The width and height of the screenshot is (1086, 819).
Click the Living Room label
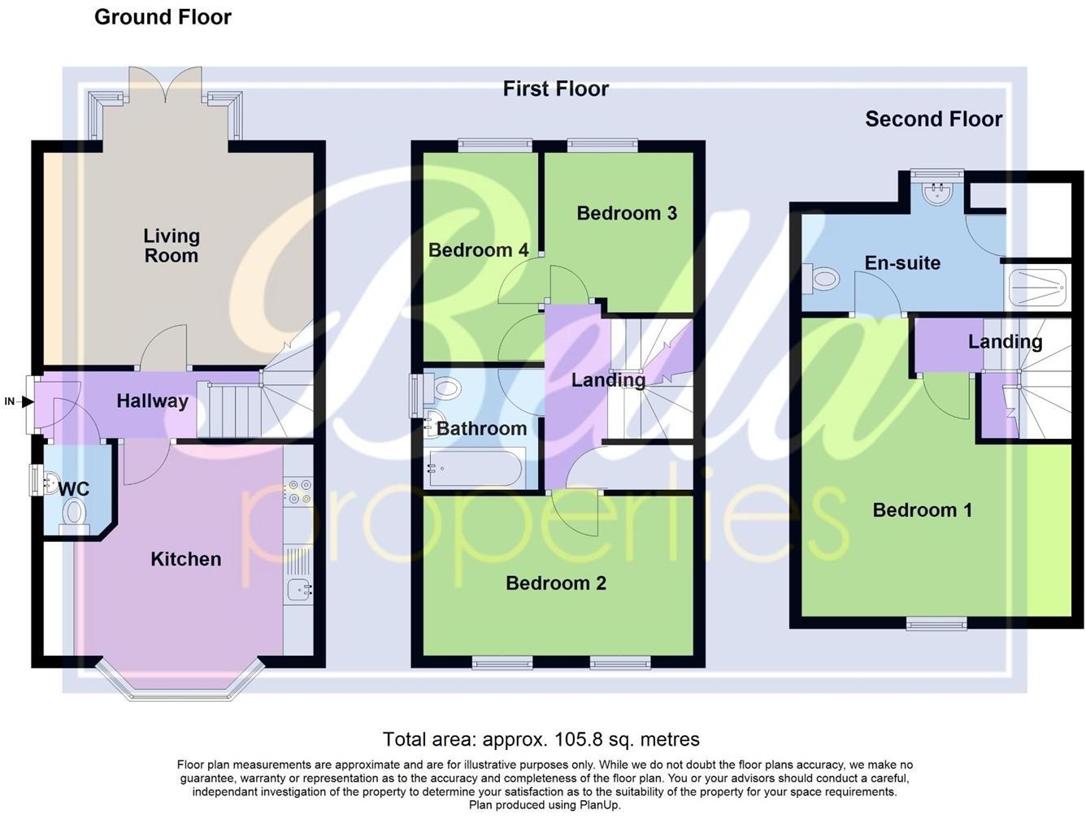click(x=171, y=245)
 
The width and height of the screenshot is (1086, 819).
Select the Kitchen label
click(x=185, y=559)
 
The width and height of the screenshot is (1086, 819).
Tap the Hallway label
click(x=152, y=401)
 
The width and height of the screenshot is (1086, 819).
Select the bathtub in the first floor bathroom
click(x=476, y=470)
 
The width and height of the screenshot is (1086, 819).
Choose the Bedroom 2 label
click(x=555, y=583)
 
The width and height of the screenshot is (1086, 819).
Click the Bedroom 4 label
click(x=478, y=250)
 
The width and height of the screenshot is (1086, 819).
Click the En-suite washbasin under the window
click(x=938, y=192)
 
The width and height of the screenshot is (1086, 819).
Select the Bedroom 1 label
click(x=922, y=510)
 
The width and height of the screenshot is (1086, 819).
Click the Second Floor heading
click(x=933, y=119)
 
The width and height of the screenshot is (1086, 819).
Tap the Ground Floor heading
click(x=163, y=17)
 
